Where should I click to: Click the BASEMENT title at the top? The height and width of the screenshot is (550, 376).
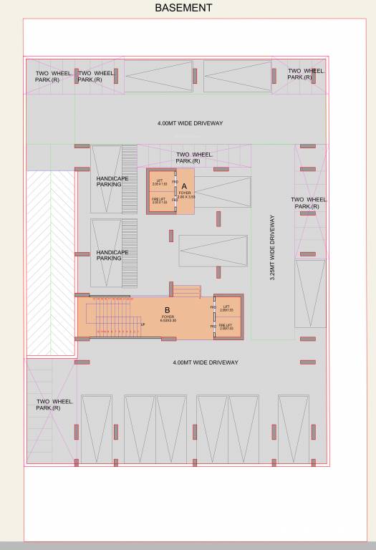pos(183,8)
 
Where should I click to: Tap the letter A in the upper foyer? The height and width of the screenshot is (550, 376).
pos(184,185)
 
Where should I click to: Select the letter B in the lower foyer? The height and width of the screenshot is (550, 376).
pos(167,310)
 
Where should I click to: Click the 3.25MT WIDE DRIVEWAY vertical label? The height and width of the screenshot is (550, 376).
pos(272,248)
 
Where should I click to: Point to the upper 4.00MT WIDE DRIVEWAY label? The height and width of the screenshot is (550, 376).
pos(190,123)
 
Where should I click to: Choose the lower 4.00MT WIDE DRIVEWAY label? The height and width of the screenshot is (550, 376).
pos(205,362)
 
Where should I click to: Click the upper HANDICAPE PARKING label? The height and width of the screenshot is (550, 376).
pos(112,181)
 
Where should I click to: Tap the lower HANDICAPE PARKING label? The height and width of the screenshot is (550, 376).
pos(112,255)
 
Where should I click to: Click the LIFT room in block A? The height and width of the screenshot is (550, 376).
pos(160,183)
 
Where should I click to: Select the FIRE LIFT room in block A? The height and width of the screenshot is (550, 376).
pos(160,201)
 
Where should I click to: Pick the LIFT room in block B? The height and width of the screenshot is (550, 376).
pos(228,308)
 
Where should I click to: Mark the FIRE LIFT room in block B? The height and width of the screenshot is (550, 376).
pos(228,327)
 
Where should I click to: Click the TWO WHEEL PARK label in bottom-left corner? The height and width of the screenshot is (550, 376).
pos(54,405)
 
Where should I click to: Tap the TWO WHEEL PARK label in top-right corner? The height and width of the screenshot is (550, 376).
pos(306,74)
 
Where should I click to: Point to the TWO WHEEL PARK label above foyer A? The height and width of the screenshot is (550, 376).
pos(193,158)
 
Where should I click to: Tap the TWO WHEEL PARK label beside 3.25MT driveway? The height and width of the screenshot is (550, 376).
pos(309,203)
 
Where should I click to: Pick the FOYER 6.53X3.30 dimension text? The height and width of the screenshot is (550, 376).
pos(168,319)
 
